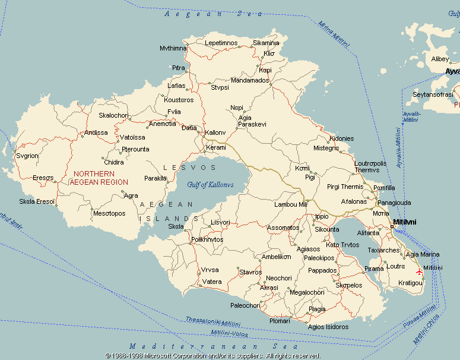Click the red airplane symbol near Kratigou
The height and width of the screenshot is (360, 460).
tap(420, 271)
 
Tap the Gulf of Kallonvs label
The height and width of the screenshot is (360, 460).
tap(210, 185)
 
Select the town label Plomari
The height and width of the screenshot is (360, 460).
tap(280, 321)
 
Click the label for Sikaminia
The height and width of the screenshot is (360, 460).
tap(266, 43)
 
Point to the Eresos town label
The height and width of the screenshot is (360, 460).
tap(43, 178)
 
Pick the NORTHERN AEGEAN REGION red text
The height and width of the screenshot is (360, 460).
tap(99, 178)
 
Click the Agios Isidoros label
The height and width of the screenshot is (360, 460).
tap(328, 327)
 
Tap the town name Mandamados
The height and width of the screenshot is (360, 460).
tap(250, 80)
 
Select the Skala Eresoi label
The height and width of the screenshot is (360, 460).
tap(37, 201)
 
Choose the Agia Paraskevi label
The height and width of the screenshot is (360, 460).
tap(252, 121)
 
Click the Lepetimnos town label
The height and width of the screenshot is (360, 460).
tap(221, 43)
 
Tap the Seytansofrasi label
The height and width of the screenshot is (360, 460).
tap(433, 94)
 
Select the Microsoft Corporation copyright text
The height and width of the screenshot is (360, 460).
tap(212, 356)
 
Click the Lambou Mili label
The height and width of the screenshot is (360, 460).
tap(291, 204)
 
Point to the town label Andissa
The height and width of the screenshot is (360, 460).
tap(96, 132)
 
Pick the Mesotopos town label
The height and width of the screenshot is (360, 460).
tap(109, 213)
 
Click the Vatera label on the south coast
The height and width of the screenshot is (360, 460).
tap(212, 282)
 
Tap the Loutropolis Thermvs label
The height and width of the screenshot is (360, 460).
tap(370, 167)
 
